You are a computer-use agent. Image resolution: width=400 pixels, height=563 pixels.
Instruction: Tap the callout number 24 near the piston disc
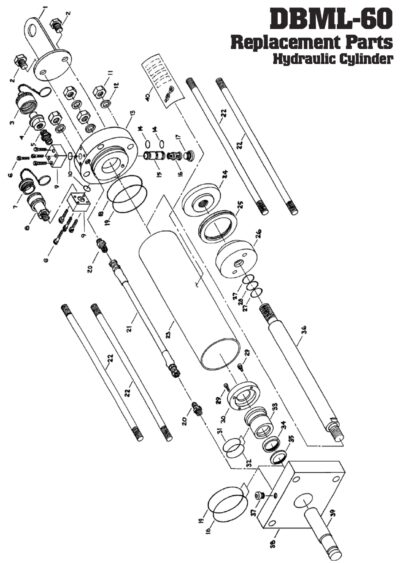click(225, 173)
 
